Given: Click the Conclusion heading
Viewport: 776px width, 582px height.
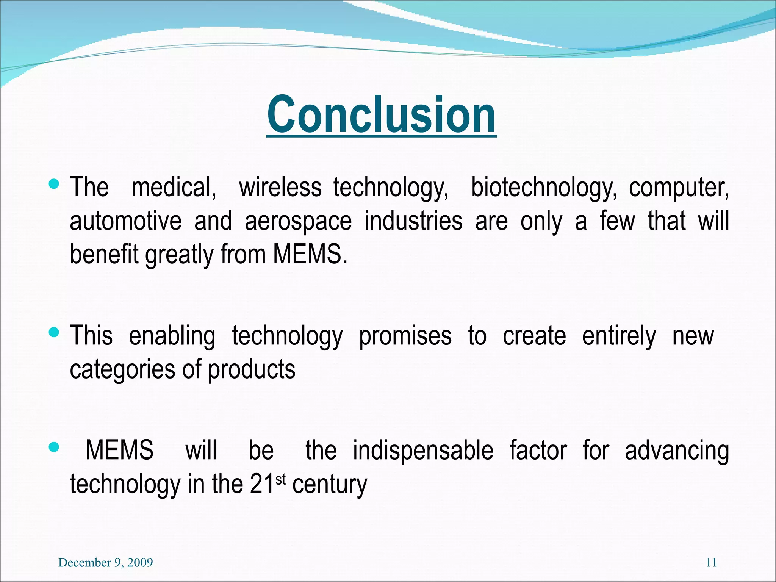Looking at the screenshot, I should [x=381, y=115].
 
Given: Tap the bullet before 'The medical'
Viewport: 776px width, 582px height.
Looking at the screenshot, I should [x=54, y=185].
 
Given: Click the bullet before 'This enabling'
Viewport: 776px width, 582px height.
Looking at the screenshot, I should [x=54, y=333].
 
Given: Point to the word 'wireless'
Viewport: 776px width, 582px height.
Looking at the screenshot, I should [x=280, y=187].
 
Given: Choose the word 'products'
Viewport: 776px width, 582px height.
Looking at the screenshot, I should [x=252, y=370].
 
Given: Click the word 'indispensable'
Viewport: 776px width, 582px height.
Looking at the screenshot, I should [x=423, y=451].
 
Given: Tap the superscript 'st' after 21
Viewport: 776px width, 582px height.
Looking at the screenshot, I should [x=280, y=480].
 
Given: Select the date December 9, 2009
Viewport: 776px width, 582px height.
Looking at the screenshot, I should [x=106, y=562].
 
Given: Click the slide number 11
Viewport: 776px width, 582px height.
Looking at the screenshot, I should [x=711, y=562].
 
